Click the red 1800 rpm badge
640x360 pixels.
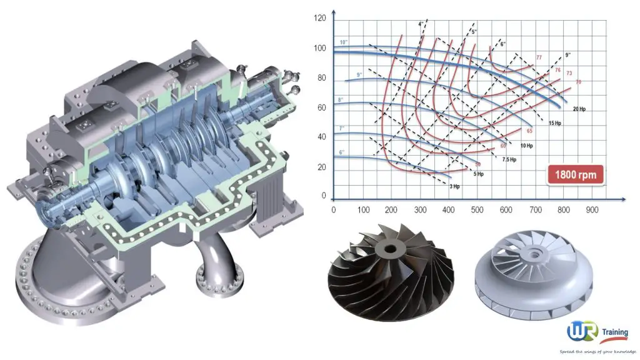tap(576, 174)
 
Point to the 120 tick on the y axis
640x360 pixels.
tap(319, 18)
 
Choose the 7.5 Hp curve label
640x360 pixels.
tap(509, 159)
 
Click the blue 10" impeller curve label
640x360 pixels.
tap(343, 42)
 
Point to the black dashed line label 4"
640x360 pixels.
tap(421, 24)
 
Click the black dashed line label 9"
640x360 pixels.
tap(567, 54)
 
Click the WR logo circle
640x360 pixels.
tap(581, 332)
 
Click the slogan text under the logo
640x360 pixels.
tap(597, 351)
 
